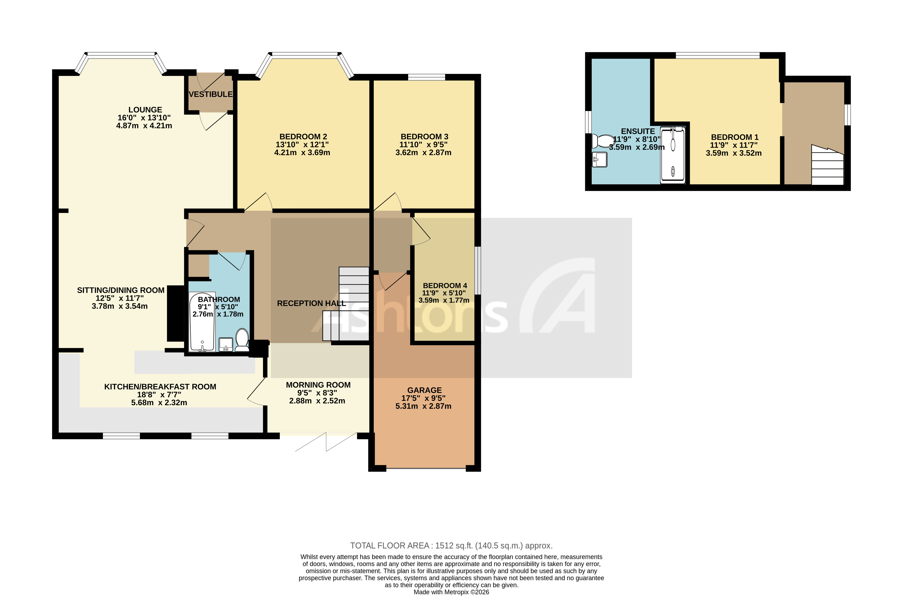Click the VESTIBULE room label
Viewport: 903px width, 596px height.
pos(211,94)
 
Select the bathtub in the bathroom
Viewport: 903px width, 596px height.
pos(202,322)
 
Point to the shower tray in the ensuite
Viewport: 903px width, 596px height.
pos(673,155)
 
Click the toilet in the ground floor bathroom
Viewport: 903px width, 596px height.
pos(242,339)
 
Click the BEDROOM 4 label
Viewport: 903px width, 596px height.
pos(445,286)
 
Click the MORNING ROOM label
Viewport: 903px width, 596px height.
pos(318,385)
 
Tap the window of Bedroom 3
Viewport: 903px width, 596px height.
pos(426,77)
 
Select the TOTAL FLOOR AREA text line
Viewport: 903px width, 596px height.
pos(451,546)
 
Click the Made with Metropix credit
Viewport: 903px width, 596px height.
pos(451,592)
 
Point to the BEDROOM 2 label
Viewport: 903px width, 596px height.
pos(303,136)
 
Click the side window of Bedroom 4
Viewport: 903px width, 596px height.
pos(478,270)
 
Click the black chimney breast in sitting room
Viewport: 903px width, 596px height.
pos(175,313)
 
